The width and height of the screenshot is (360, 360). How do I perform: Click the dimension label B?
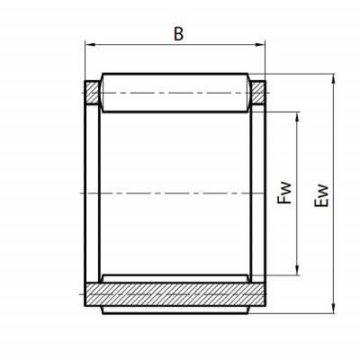178,34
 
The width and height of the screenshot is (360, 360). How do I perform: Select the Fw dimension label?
284,193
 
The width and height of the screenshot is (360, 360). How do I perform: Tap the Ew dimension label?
321,195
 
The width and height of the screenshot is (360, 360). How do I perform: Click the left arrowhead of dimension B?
90,45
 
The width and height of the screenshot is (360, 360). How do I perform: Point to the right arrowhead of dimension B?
260,45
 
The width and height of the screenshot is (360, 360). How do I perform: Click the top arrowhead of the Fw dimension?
297,117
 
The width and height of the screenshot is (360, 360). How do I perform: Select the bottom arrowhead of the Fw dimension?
297,270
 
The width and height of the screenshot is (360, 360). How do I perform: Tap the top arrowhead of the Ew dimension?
333,79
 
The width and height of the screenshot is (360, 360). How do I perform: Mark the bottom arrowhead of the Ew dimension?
333,308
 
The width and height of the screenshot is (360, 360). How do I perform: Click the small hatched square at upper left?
92,93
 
